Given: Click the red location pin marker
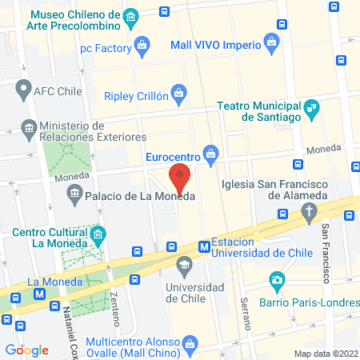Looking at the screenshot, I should point(181,178).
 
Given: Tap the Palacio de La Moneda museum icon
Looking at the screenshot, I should point(75,192).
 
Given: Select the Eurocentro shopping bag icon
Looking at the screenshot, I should point(211,152).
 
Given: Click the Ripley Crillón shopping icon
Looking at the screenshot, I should point(181,97).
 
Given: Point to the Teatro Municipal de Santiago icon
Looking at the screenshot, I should point(313,106).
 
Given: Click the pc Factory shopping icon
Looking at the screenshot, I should point(142,46).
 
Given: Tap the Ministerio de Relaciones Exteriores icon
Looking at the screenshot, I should point(29,127).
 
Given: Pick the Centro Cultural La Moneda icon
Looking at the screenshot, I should point(98,234).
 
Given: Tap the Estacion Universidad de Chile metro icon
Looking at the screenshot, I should point(205,246).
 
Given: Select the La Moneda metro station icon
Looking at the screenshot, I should point(39,294).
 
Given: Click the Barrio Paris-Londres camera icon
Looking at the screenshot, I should point(277,280).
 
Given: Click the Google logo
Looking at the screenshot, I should point(26,350).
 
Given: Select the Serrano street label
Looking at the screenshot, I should point(245,313).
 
